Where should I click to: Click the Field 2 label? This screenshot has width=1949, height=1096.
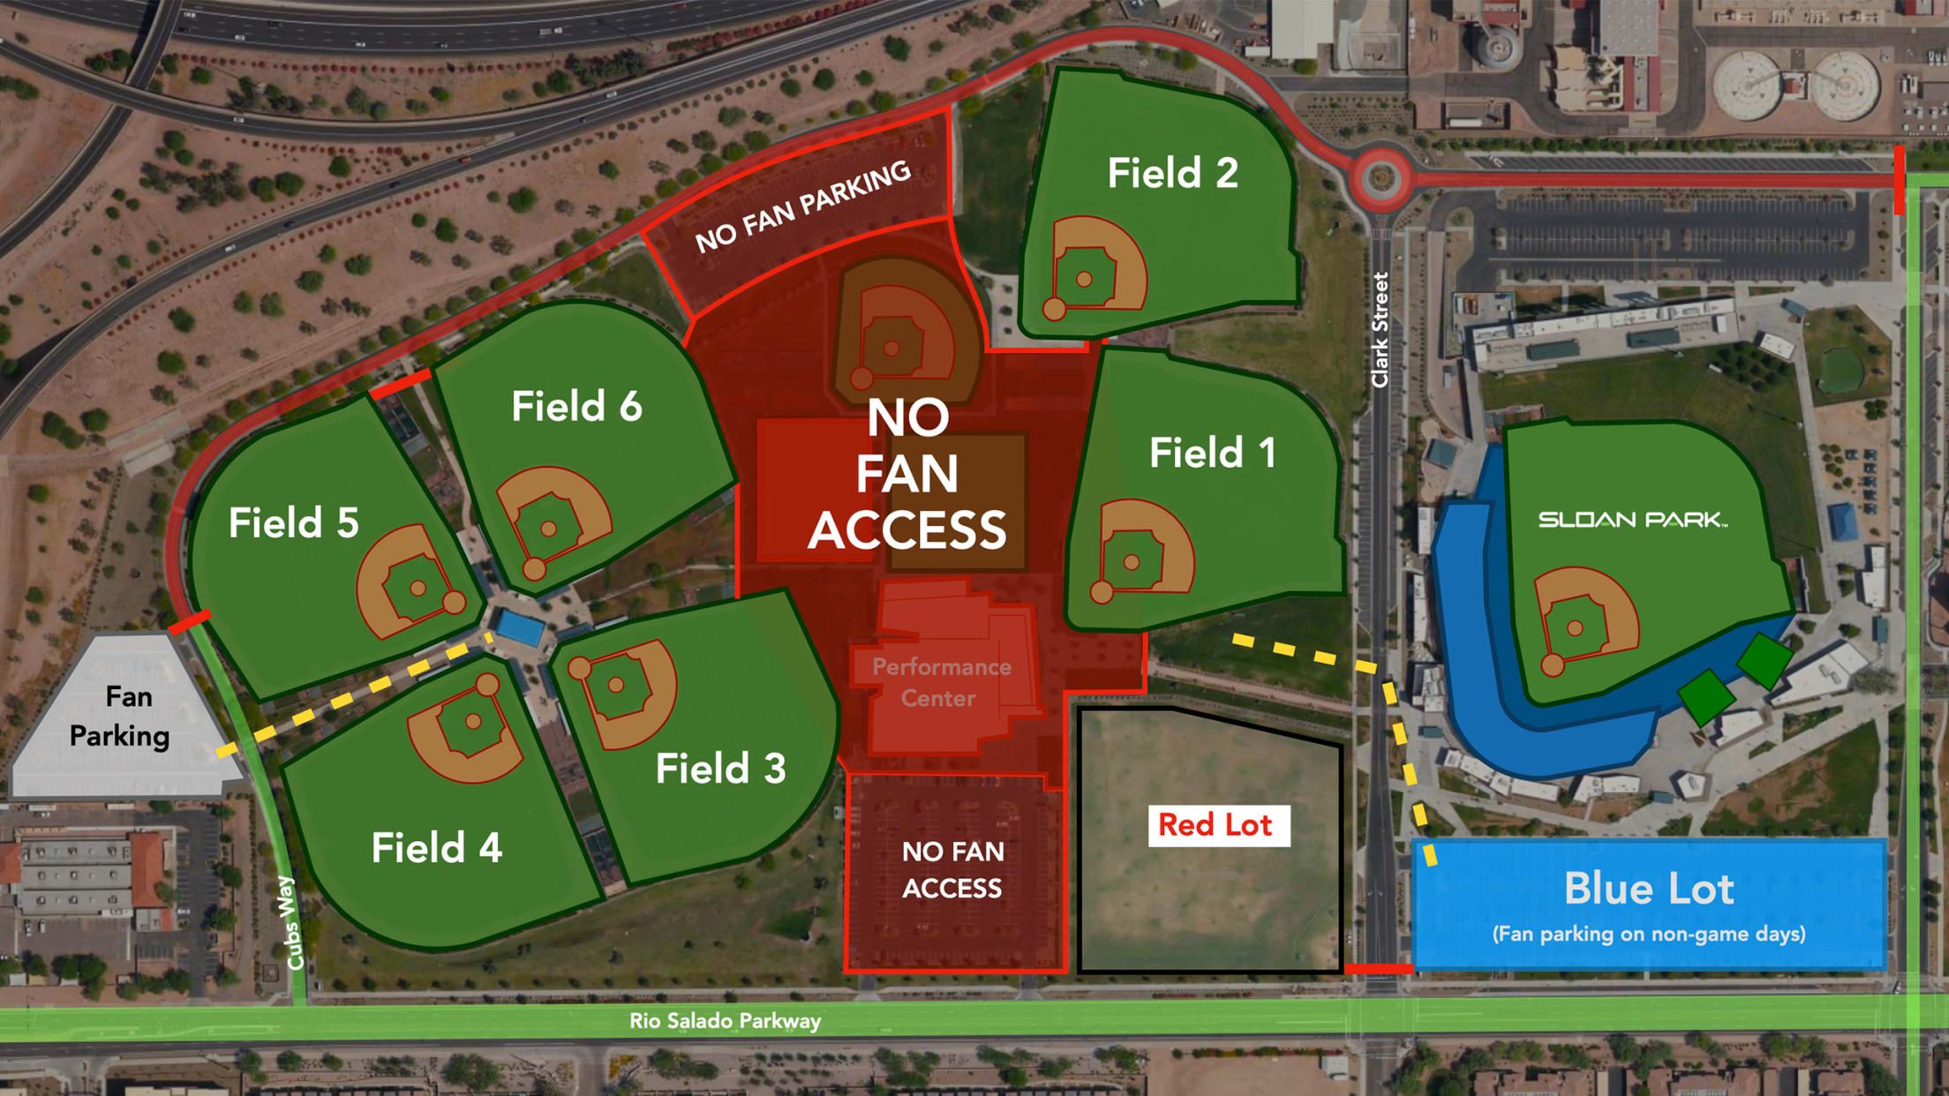1172,173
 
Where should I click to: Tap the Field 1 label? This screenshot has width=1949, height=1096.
1212,454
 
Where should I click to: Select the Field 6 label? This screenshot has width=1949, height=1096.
576,407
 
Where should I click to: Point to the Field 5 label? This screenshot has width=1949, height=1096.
293,522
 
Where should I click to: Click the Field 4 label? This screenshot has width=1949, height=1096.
436,848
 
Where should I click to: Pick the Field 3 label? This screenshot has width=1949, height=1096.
720,769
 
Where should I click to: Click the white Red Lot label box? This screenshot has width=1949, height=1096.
1218,825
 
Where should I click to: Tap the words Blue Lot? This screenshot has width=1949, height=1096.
1648,889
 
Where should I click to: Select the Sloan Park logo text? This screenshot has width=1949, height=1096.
1632,520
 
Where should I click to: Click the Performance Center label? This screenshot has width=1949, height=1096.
941,682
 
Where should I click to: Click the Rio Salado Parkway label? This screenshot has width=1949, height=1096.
725,1021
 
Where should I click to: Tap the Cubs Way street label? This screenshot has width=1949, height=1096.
292,922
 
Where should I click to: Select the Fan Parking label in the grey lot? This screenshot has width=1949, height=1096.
121,716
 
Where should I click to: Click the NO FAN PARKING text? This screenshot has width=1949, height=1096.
801,206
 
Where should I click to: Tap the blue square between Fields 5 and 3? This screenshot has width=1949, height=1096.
520,627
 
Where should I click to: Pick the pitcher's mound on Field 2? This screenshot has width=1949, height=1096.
1084,280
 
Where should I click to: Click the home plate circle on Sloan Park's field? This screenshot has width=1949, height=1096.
1553,665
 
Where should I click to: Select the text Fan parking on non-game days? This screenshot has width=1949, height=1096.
1648,934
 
